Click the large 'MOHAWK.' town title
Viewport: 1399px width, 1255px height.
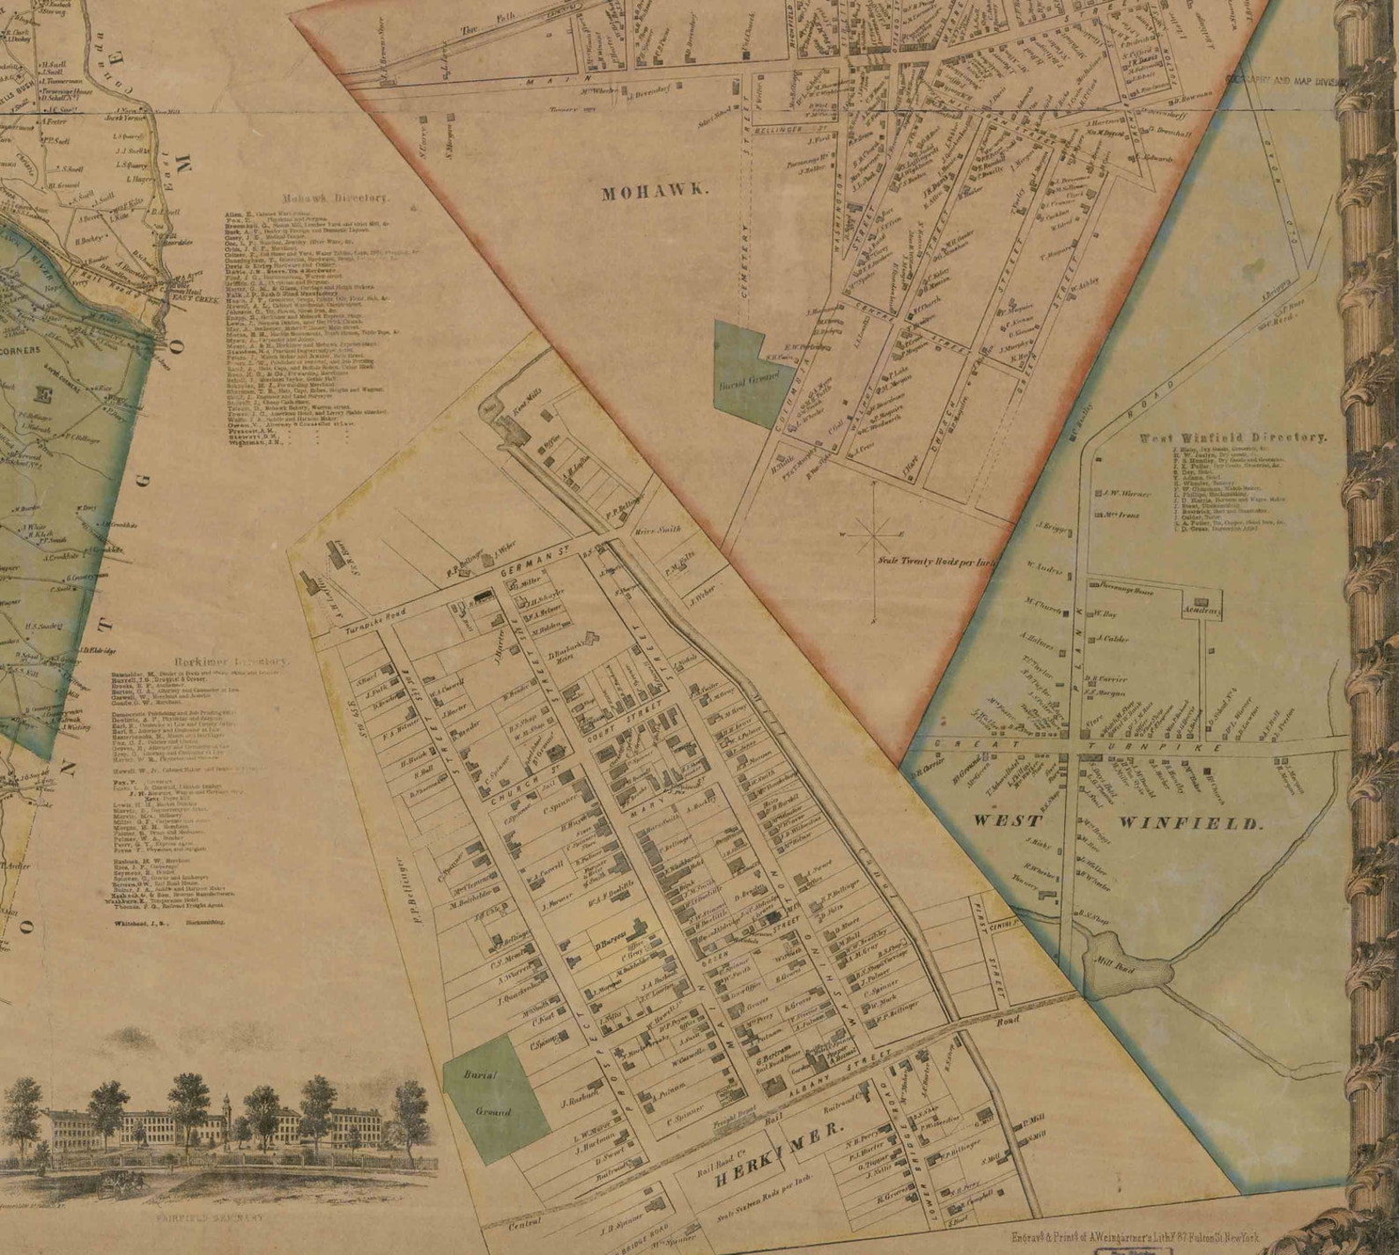654,193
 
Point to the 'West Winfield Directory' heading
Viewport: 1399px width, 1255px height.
1232,437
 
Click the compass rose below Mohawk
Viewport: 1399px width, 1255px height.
873,533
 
